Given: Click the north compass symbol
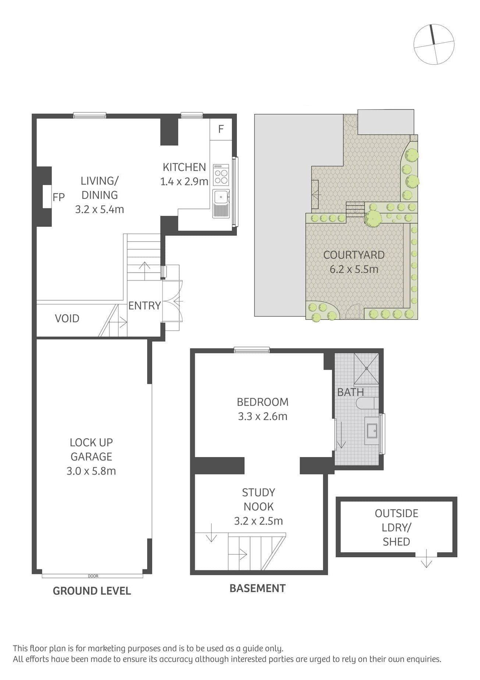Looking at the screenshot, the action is (434, 44).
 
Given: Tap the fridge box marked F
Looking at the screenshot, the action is (221, 129).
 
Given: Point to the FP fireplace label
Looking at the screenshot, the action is (58, 197).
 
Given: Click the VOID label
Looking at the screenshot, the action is (67, 318).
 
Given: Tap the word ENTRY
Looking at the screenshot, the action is (145, 305).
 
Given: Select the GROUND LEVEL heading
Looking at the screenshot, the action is (92, 591).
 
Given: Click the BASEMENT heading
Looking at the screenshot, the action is (257, 588).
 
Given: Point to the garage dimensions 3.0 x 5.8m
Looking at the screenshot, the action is (91, 471).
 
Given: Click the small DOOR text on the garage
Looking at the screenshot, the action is (93, 576).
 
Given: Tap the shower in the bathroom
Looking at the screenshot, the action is (366, 369).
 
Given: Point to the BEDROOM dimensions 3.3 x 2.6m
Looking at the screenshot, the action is (263, 416).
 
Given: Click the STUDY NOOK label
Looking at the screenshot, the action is (259, 500).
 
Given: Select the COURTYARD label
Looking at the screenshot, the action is (354, 255).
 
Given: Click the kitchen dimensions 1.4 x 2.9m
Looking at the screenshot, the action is (184, 181).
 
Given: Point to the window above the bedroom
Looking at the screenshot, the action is (252, 350).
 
